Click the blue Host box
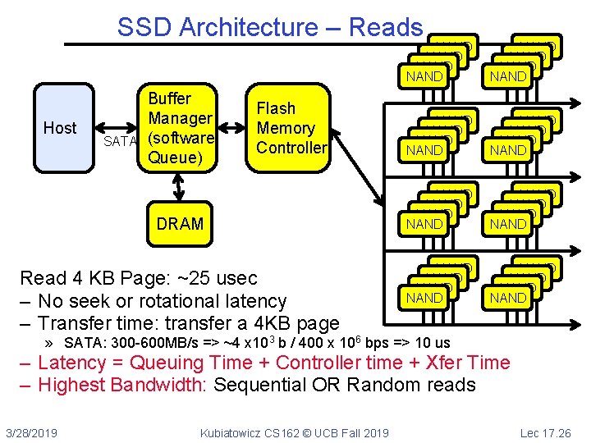pyautogui.click(x=64, y=128)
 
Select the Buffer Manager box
pyautogui.click(x=177, y=128)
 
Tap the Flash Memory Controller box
pyautogui.click(x=288, y=128)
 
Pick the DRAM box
pyautogui.click(x=180, y=224)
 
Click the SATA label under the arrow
pyautogui.click(x=120, y=141)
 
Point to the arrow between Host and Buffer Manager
pyautogui.click(x=116, y=128)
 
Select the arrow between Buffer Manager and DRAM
pyautogui.click(x=179, y=187)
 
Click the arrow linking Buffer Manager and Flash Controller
pyautogui.click(x=231, y=128)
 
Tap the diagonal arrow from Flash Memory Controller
pyautogui.click(x=357, y=168)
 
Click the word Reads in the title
pyautogui.click(x=386, y=27)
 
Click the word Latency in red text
pyautogui.click(x=72, y=363)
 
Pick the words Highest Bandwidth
pyautogui.click(x=122, y=385)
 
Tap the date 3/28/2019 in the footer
pyautogui.click(x=32, y=433)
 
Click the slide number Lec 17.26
pyautogui.click(x=546, y=433)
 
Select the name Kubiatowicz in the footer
pyautogui.click(x=231, y=433)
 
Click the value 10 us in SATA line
pyautogui.click(x=433, y=343)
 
